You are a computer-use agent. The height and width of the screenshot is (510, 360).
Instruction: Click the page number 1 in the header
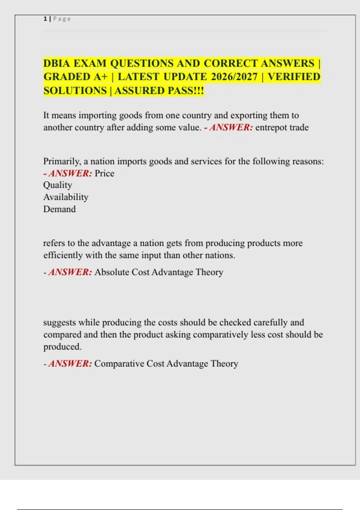(45, 19)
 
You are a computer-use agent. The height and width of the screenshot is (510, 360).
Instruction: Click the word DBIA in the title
(57, 64)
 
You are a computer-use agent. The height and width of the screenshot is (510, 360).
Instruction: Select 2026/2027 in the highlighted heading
(234, 77)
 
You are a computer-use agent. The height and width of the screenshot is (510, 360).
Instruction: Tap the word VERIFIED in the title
(294, 77)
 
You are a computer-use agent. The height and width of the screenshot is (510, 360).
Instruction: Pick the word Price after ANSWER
(104, 173)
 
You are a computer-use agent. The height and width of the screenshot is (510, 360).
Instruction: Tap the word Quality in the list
(58, 185)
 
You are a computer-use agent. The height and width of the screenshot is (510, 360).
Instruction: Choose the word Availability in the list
(66, 197)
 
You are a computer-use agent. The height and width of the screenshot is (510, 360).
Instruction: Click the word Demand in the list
(59, 209)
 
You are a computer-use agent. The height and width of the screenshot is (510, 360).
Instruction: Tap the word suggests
(59, 322)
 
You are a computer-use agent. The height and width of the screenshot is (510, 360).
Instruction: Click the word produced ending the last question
(62, 347)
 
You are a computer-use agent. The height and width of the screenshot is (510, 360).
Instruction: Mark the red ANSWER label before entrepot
(231, 127)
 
